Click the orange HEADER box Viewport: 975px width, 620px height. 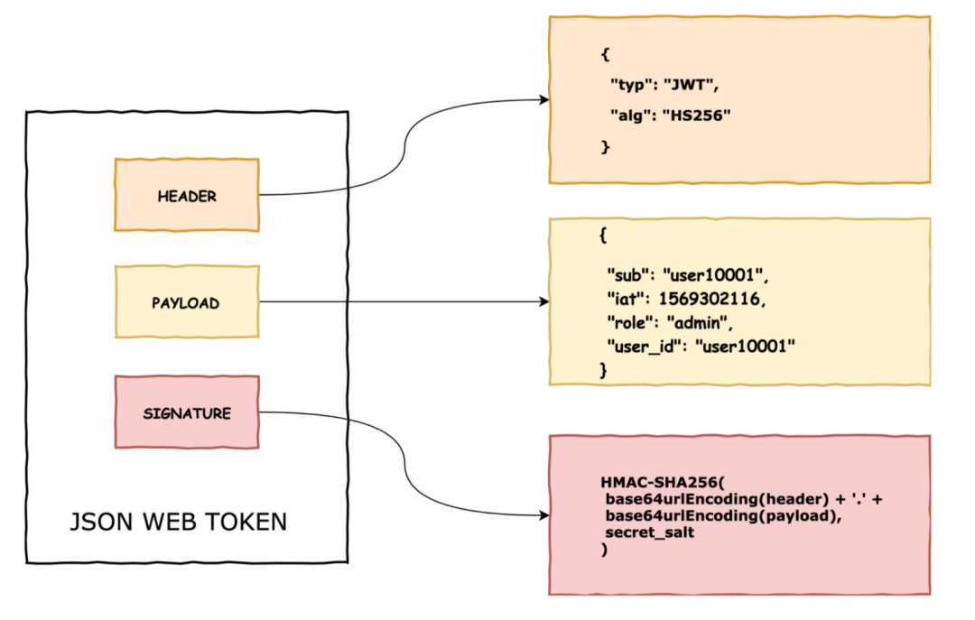(x=187, y=195)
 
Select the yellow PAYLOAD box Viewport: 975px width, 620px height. (x=187, y=302)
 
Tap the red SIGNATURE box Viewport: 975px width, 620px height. (x=187, y=412)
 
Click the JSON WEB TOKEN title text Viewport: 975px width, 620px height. (x=179, y=522)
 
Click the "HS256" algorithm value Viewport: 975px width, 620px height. (x=696, y=116)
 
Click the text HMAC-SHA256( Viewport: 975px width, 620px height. (x=663, y=483)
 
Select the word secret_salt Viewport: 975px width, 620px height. (x=649, y=532)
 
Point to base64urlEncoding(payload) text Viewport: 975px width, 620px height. (x=721, y=516)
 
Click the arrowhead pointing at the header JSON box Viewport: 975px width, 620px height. (x=544, y=99)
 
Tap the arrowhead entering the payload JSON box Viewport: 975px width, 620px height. (x=544, y=301)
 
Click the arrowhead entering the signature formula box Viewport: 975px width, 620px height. (x=544, y=515)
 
